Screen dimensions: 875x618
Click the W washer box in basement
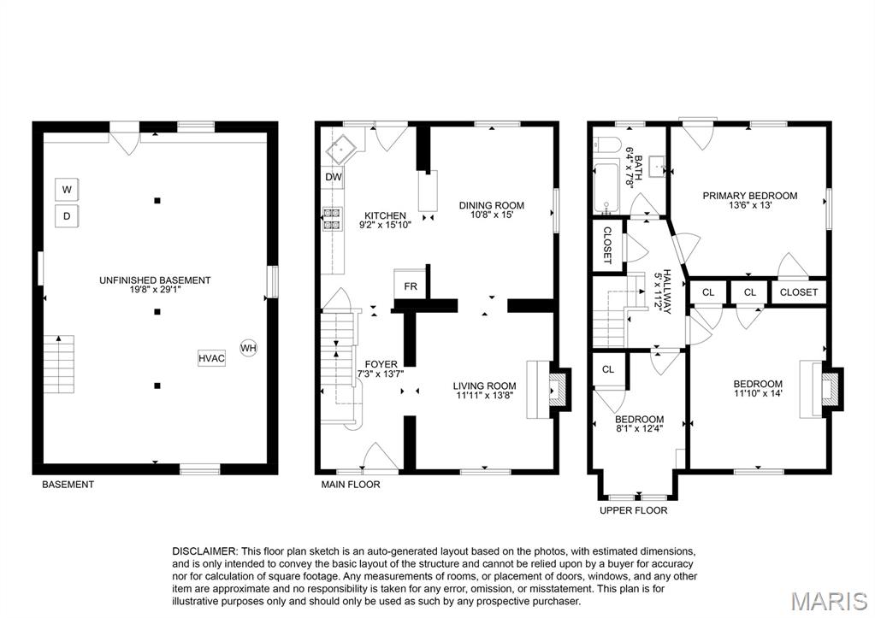(67, 188)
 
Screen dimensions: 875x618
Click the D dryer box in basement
(67, 216)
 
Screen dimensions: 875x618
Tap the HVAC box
(211, 358)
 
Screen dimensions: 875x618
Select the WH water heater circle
(248, 348)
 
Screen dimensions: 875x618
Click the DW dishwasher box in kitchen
(333, 177)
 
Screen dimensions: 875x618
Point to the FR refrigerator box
(410, 285)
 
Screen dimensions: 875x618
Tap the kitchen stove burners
(331, 219)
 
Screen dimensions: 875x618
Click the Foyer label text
(381, 364)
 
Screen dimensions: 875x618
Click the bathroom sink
(656, 164)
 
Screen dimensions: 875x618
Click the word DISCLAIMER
(204, 551)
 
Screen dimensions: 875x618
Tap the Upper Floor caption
(633, 510)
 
